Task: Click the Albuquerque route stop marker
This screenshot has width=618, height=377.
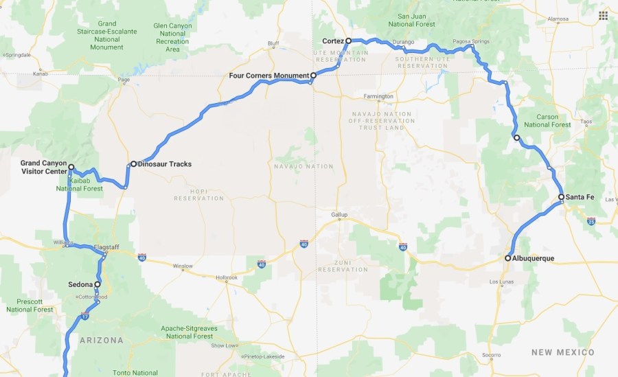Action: (x=508, y=258)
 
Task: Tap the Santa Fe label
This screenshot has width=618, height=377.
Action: (x=580, y=197)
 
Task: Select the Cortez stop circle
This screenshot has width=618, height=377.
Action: (x=349, y=41)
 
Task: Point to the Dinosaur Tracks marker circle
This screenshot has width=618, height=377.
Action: (x=134, y=164)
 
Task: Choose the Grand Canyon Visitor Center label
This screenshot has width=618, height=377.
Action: (x=43, y=167)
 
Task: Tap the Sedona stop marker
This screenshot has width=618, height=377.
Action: (x=97, y=284)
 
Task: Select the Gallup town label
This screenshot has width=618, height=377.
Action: (x=340, y=214)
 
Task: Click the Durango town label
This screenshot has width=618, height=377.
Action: (x=404, y=43)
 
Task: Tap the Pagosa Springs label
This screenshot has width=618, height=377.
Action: (x=470, y=41)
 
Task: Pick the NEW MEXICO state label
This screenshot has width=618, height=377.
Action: (x=563, y=352)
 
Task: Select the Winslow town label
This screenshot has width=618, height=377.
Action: (x=183, y=266)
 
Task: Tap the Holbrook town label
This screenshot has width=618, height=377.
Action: (x=226, y=278)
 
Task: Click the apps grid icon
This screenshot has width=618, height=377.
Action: (x=603, y=15)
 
